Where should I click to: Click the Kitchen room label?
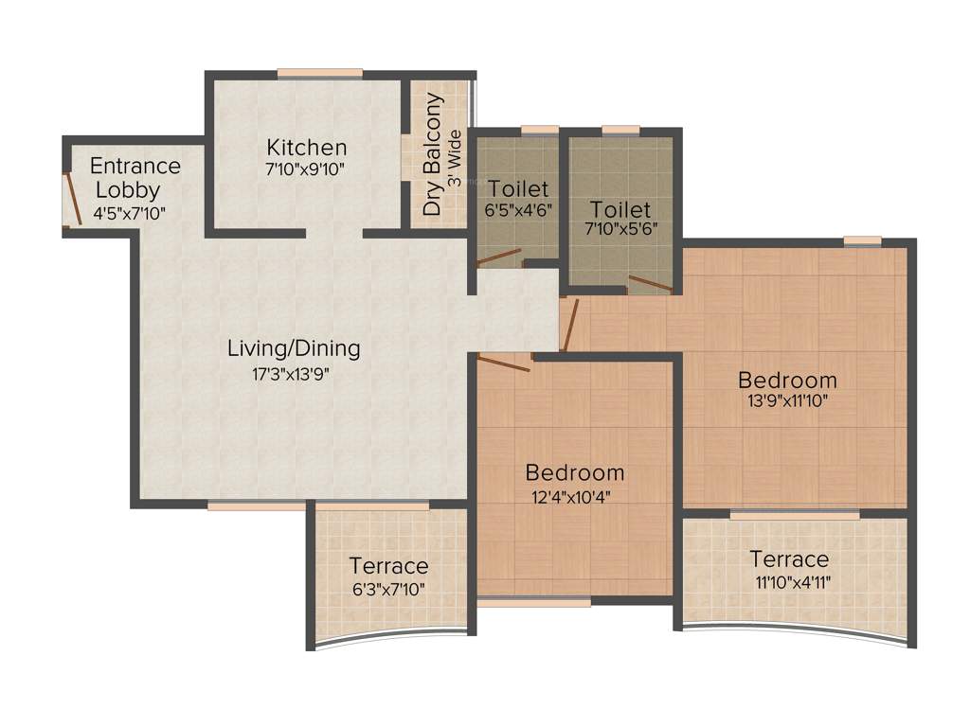click(306, 148)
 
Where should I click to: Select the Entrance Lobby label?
click(135, 178)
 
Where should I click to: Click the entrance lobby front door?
click(69, 199)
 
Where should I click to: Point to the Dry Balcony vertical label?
click(434, 154)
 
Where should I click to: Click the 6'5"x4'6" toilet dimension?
click(518, 210)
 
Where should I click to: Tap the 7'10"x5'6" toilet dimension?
click(620, 229)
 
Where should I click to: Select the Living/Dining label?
click(294, 348)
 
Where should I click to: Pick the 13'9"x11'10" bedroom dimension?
click(788, 401)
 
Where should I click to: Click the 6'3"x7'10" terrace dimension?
click(388, 589)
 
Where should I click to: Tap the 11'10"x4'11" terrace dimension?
click(789, 581)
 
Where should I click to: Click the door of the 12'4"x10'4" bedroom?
click(504, 361)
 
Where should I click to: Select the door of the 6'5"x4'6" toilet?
click(499, 254)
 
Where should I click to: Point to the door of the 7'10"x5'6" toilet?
click(651, 283)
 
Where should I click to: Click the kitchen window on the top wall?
click(320, 73)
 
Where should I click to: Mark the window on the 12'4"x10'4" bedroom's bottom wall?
click(533, 601)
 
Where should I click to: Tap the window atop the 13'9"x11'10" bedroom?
click(862, 241)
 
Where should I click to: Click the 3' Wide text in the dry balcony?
click(455, 157)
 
